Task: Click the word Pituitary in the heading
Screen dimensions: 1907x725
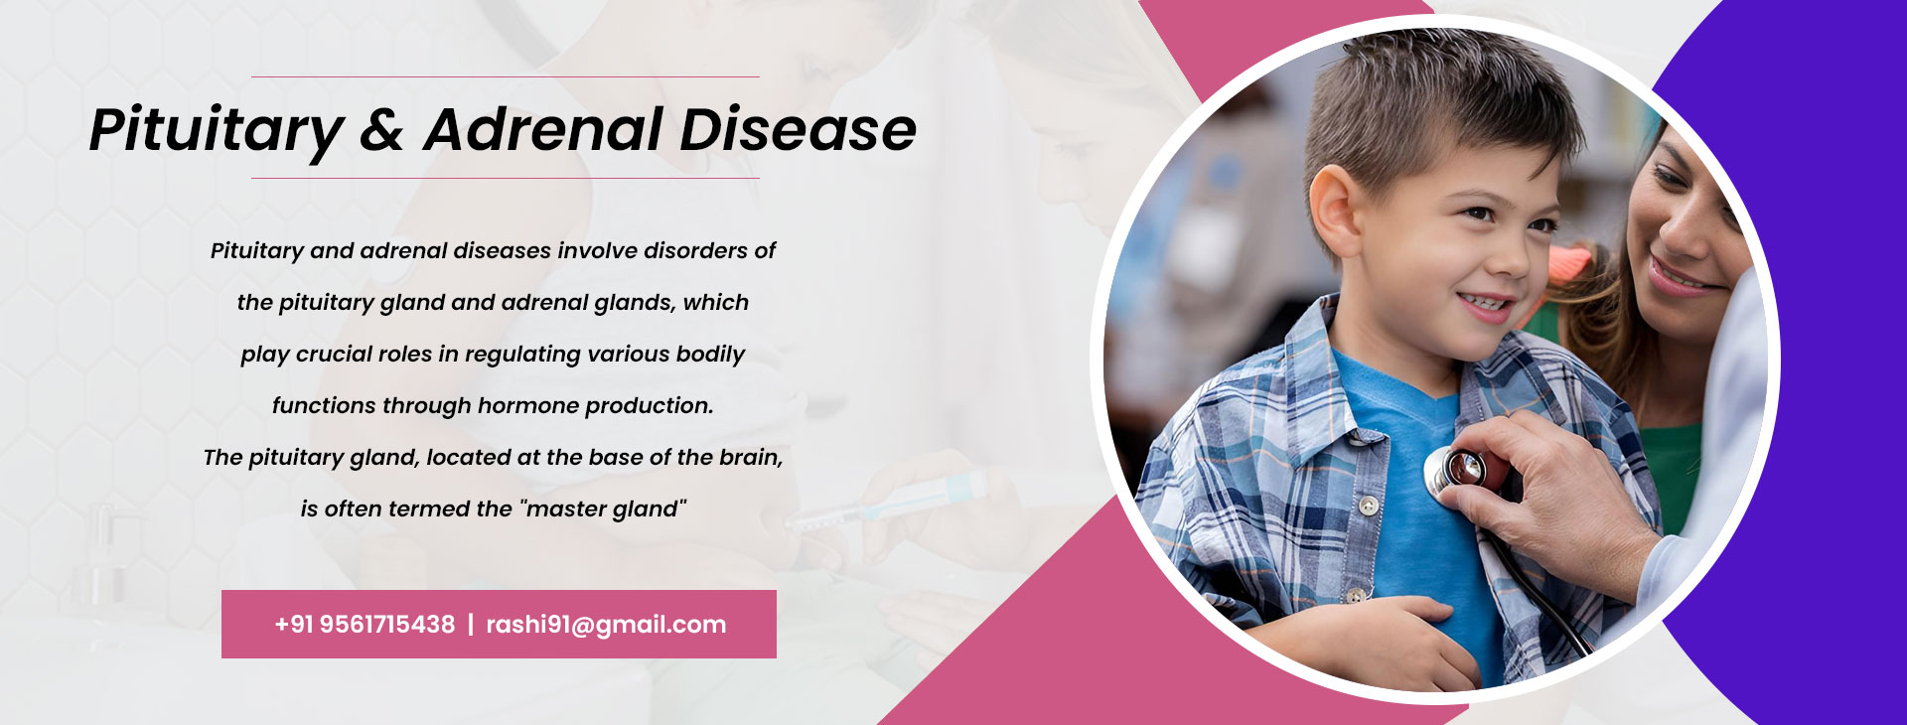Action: [217, 131]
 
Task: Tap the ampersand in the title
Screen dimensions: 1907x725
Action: [382, 130]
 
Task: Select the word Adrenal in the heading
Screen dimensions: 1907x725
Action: [542, 129]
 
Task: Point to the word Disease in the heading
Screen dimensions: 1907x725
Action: [798, 129]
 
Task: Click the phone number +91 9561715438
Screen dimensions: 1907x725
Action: [365, 625]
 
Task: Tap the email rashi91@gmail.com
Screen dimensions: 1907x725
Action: [606, 625]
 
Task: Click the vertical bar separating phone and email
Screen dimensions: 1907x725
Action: [471, 625]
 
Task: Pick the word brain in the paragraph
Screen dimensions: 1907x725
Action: [750, 457]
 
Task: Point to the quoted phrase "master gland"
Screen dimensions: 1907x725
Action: [603, 509]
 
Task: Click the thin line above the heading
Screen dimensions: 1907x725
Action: [506, 76]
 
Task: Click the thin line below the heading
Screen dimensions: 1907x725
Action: [506, 178]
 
